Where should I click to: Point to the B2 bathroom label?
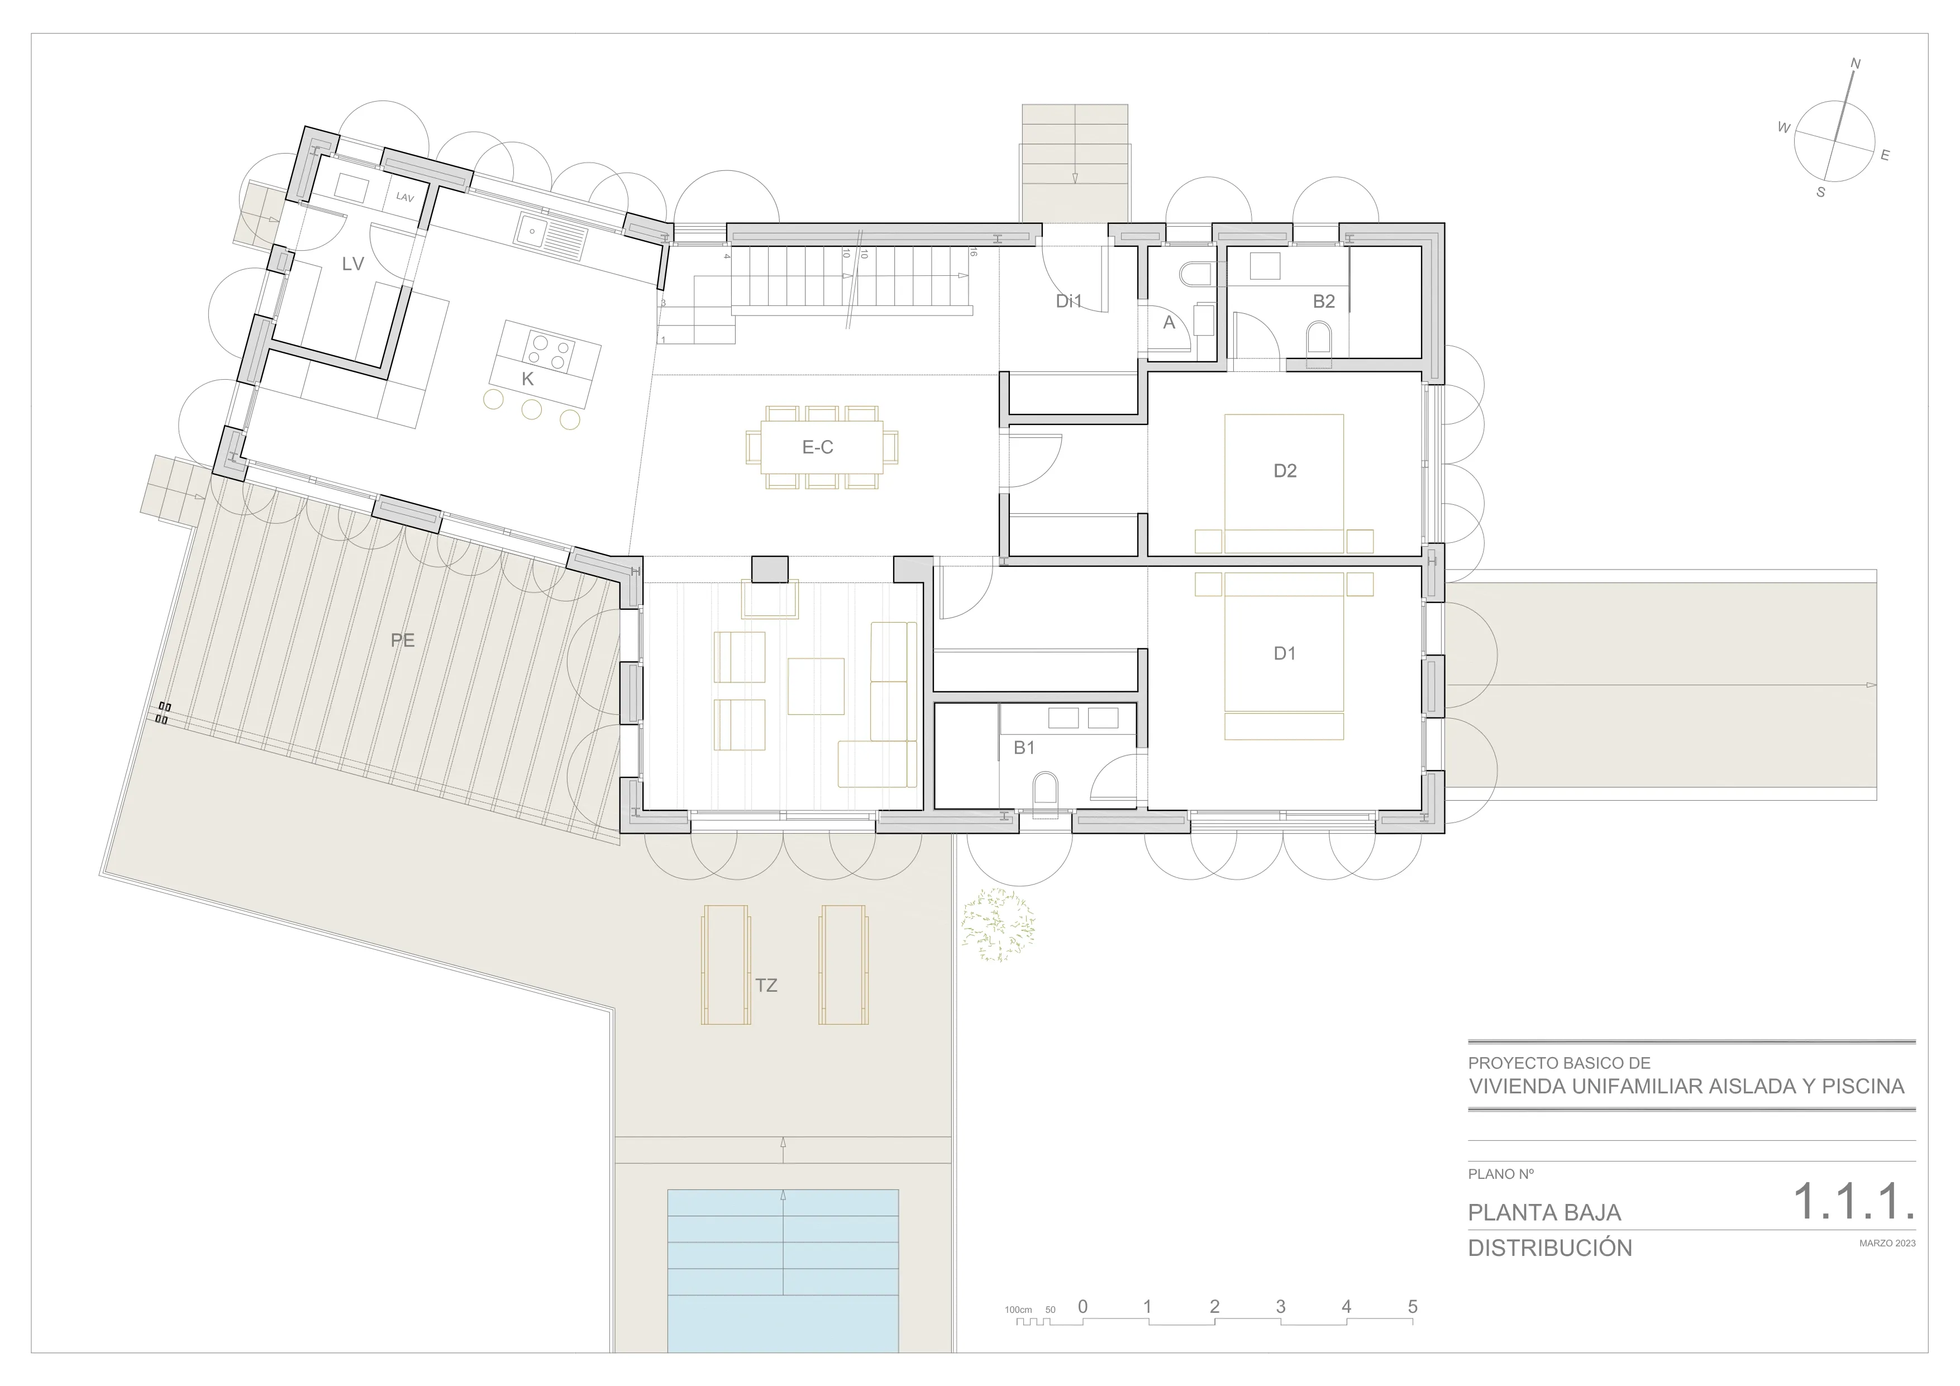[x=1324, y=300]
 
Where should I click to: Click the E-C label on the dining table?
[x=818, y=447]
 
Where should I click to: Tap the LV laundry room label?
[x=352, y=264]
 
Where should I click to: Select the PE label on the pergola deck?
[x=403, y=640]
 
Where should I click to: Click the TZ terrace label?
[x=766, y=986]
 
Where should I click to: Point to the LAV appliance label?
[x=404, y=197]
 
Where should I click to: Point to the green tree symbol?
[x=998, y=926]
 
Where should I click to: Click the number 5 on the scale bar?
[x=1413, y=1307]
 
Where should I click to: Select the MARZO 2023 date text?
[x=1887, y=1244]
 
